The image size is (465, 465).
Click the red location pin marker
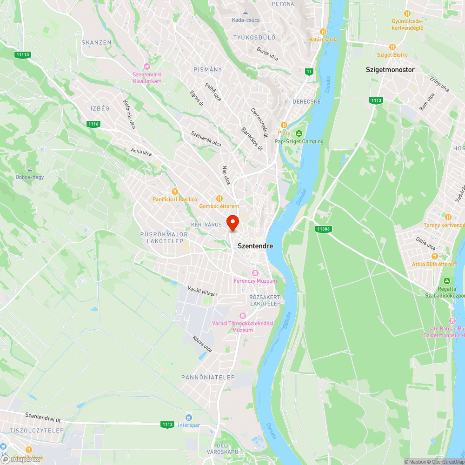click(232, 222)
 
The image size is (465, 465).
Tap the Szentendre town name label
click(255, 246)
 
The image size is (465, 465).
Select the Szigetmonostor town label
click(390, 70)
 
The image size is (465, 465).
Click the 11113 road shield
click(22, 55)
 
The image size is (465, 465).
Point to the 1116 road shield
click(93, 124)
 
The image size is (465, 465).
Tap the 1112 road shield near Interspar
click(168, 424)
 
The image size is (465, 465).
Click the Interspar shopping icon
click(189, 417)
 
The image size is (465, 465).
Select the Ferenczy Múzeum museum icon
click(255, 272)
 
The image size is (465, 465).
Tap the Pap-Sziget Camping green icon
click(299, 133)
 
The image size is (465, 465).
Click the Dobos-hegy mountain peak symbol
click(30, 169)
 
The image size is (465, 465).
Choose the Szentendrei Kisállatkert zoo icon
click(147, 66)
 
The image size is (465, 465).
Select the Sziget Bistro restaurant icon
click(392, 46)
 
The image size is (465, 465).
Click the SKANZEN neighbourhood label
click(96, 42)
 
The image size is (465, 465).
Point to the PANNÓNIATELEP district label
click(208, 377)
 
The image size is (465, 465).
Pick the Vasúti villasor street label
click(203, 292)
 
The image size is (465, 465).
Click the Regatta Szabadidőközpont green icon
click(447, 281)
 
